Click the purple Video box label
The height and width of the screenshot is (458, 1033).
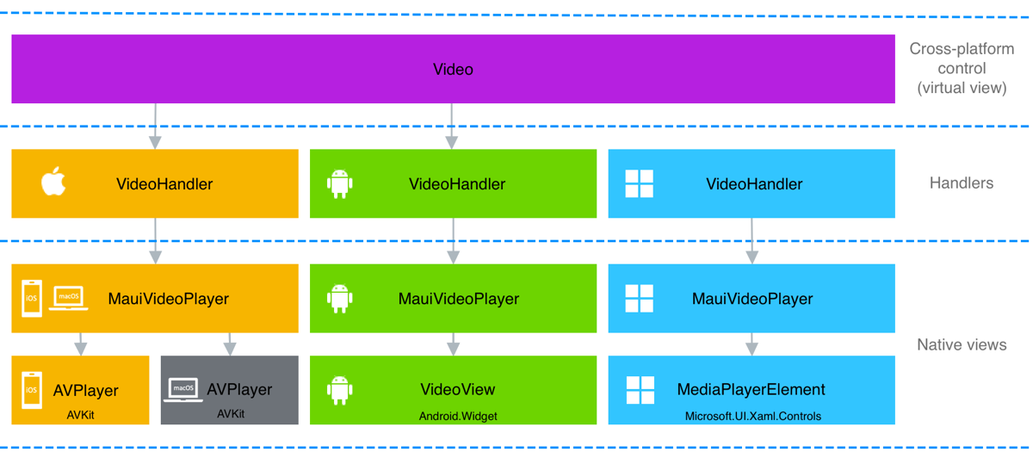coord(453,70)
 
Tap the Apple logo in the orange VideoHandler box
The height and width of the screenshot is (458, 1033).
coord(53,183)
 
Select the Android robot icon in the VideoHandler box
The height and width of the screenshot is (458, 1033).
coord(340,183)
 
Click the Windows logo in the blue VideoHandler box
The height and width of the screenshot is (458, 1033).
coord(639,183)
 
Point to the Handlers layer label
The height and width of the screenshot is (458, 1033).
coord(961,183)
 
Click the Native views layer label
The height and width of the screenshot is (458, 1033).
coord(961,344)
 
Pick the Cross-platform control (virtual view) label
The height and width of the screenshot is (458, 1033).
coord(961,68)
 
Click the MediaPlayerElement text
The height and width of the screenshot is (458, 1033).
coord(751,390)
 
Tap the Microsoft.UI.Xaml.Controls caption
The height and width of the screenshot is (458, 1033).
coord(752,416)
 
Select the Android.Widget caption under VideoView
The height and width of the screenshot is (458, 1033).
coord(458,416)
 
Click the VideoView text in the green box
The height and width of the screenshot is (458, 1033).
coord(458,390)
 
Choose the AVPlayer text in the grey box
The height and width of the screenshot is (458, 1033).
coord(239,390)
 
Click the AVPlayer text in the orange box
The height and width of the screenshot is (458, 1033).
coord(85,391)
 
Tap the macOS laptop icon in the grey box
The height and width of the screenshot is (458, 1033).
coord(183,389)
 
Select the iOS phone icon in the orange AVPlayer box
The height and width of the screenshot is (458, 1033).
coord(32,390)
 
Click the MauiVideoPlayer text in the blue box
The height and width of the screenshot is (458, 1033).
coord(752,299)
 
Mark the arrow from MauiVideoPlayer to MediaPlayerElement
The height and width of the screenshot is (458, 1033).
coord(752,343)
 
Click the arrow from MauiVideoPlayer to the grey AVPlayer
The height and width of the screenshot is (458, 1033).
coord(230,343)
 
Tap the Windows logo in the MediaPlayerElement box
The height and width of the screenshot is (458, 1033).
coord(640,390)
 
